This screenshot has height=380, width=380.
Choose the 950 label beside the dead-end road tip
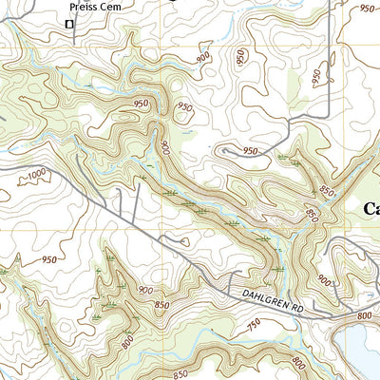(250, 152)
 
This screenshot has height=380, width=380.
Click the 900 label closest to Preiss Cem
(202, 58)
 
